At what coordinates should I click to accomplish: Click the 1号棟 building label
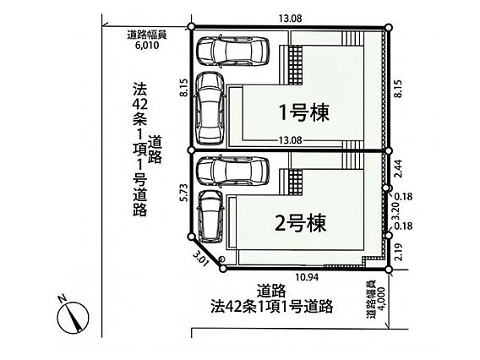pos(304,112)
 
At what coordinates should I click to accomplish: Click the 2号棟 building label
pos(301,223)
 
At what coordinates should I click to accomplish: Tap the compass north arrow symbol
pos(73,316)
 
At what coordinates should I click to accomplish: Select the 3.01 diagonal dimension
pos(201,258)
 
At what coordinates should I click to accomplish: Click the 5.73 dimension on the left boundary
pos(184,192)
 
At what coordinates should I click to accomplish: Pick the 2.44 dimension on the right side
pos(398,169)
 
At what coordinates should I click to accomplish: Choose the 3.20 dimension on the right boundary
pos(396,211)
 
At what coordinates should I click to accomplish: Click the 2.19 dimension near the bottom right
pos(398,252)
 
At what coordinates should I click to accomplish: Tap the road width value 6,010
pos(147,46)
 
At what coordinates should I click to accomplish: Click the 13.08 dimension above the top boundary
pos(290,19)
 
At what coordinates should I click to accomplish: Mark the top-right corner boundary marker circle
pos(389,28)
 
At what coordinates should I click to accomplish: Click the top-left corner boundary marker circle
pos(191,27)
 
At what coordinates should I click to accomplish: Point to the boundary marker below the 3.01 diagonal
pos(223,269)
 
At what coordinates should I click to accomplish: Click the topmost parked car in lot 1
pos(233,51)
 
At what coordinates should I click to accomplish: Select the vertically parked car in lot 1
pos(210,109)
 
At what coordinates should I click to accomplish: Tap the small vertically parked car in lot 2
pos(210,216)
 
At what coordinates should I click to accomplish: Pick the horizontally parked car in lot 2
pos(233,171)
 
